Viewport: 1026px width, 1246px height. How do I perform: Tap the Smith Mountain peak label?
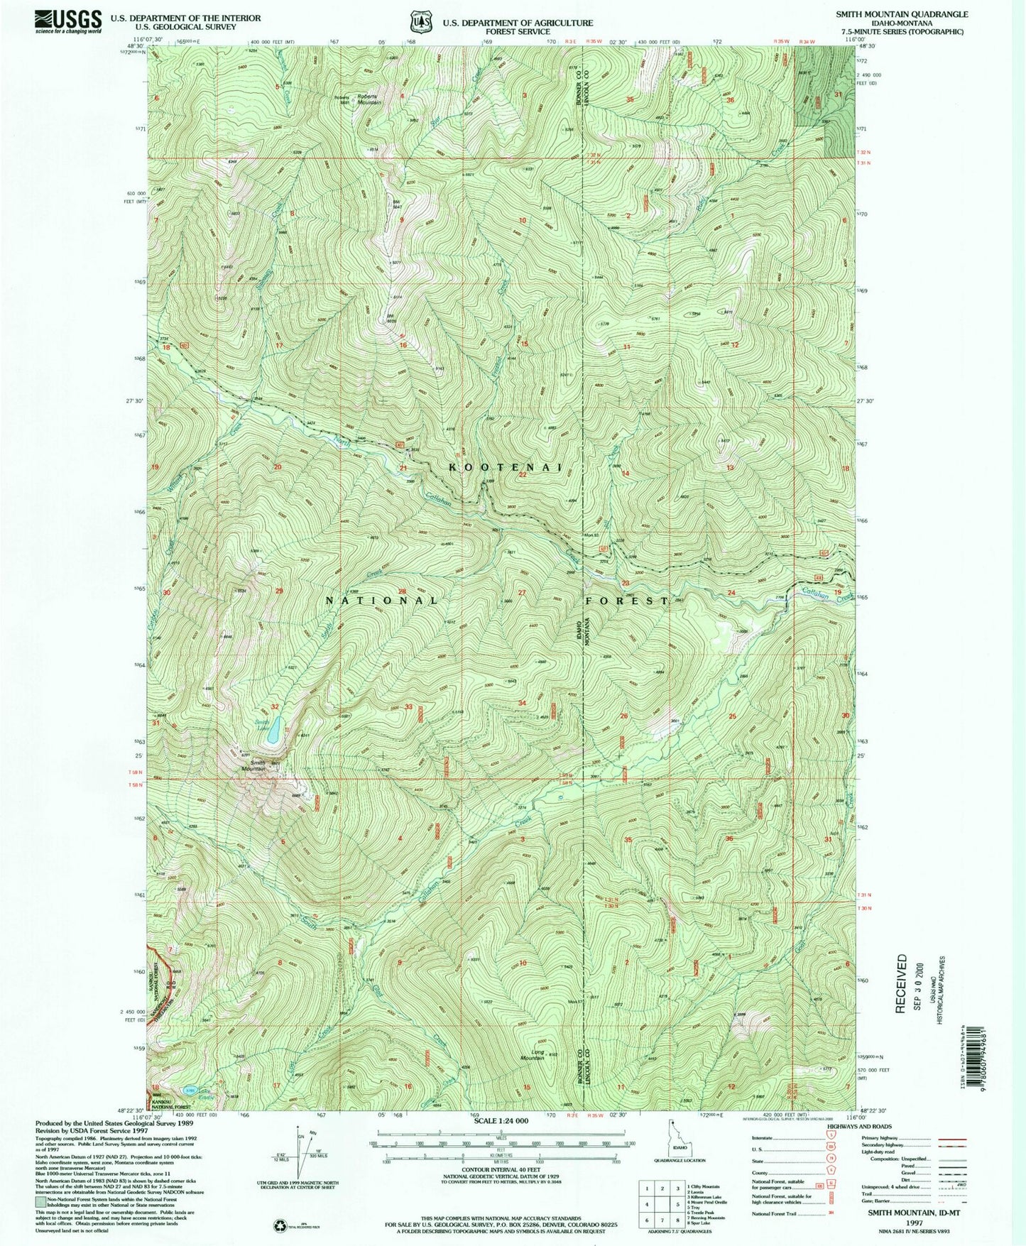pos(253,765)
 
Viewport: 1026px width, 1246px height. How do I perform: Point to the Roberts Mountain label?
pos(369,99)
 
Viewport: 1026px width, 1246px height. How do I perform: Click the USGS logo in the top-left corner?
pos(67,21)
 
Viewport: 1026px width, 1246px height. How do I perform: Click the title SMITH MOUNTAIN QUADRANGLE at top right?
pos(905,14)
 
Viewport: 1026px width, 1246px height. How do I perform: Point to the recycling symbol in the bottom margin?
pos(279,1225)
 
